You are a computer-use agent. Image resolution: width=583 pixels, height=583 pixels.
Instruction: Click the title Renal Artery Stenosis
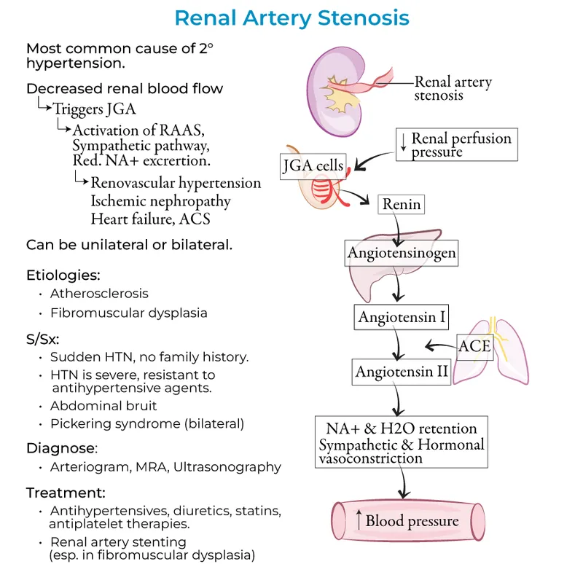click(291, 17)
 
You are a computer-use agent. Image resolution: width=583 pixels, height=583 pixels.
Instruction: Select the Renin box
click(402, 204)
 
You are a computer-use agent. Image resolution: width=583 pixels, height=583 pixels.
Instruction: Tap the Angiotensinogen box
click(402, 253)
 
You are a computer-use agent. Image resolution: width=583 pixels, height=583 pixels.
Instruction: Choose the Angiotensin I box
click(402, 318)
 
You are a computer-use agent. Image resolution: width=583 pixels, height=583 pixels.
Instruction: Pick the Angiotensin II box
click(402, 372)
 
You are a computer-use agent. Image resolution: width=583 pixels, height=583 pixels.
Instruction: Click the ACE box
click(474, 345)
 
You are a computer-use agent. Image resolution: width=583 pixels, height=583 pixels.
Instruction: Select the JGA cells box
click(313, 165)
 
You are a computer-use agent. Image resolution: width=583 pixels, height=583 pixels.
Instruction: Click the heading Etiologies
click(63, 275)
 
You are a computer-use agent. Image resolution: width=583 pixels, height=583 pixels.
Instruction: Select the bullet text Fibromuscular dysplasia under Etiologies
click(128, 313)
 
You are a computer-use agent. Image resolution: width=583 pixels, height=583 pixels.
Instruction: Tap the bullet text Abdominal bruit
click(103, 406)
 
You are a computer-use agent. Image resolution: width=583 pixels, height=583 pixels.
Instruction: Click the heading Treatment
click(66, 492)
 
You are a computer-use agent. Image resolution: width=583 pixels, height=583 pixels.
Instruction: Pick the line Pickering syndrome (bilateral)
click(146, 423)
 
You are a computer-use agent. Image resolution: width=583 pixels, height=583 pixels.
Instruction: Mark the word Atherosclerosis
click(99, 294)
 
